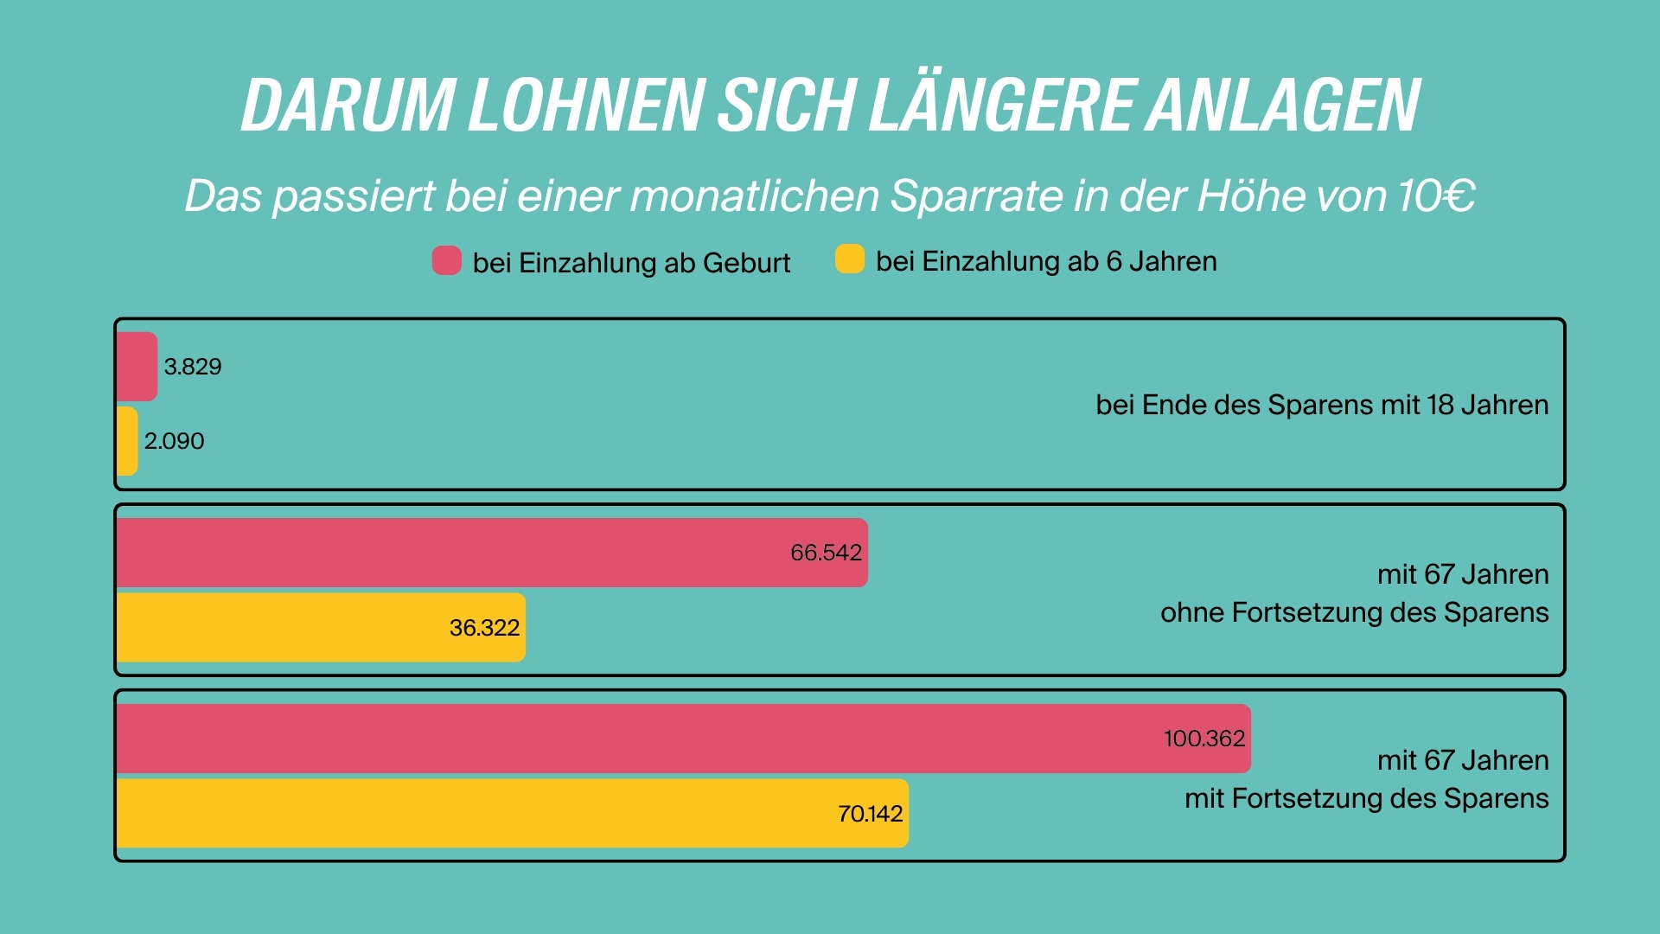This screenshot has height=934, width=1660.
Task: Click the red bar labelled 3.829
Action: [x=137, y=367]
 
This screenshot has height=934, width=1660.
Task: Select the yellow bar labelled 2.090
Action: [x=127, y=441]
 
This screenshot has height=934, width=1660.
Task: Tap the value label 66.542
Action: [x=826, y=553]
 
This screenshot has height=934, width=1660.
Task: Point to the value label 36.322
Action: [x=484, y=628]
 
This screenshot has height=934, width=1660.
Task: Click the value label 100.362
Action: [x=1203, y=739]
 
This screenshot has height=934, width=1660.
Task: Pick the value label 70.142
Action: [x=870, y=814]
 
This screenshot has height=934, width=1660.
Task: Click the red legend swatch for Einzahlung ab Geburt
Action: [x=446, y=260]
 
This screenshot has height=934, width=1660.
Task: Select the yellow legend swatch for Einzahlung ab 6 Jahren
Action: [x=849, y=259]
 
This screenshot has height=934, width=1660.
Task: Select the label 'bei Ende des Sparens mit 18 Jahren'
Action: [x=1321, y=405]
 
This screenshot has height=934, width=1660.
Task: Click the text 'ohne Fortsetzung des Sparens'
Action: [x=1354, y=612]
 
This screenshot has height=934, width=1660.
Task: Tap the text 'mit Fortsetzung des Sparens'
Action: [x=1366, y=798]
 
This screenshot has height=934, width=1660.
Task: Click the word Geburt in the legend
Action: [x=746, y=263]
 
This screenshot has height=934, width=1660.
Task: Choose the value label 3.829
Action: [x=193, y=367]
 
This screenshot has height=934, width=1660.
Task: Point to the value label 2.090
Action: [x=174, y=441]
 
